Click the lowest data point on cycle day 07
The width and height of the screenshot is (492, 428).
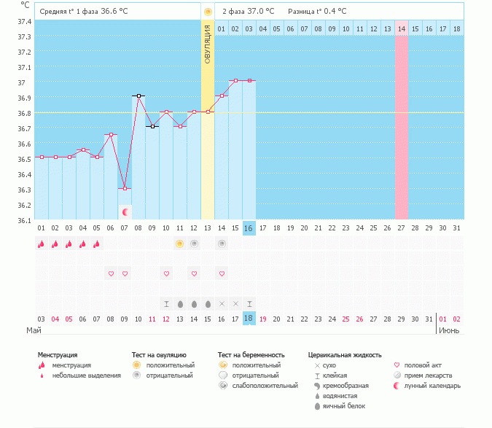(x=125, y=188)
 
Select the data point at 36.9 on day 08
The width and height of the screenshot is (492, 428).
(x=138, y=96)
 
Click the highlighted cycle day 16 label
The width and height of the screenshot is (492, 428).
(x=249, y=228)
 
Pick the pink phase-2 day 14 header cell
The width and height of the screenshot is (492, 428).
(x=402, y=28)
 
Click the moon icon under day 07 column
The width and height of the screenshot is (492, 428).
(x=125, y=211)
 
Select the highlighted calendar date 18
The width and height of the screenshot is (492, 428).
(x=249, y=319)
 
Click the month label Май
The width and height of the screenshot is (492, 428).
(x=34, y=330)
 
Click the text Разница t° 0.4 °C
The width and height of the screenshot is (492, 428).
(x=317, y=12)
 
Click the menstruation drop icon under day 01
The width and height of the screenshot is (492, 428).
(x=42, y=244)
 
